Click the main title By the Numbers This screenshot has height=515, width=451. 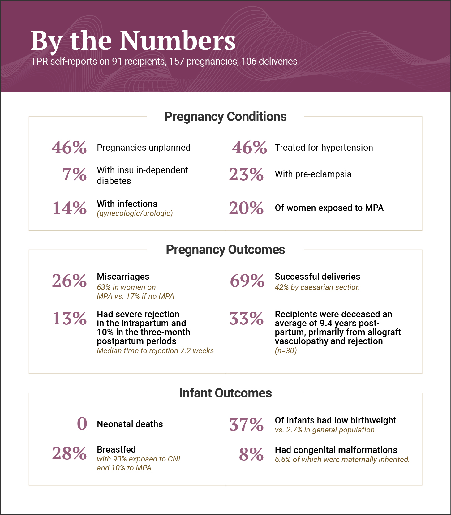tap(133, 41)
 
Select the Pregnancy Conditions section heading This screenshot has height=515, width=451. tap(225, 117)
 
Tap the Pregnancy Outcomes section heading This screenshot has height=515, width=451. tap(225, 250)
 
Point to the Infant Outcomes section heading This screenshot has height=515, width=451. tap(225, 393)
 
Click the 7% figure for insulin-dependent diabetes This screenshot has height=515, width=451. tap(74, 174)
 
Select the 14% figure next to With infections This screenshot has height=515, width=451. tap(69, 208)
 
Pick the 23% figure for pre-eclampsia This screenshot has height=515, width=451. tap(246, 174)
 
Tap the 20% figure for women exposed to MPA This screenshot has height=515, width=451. tap(246, 208)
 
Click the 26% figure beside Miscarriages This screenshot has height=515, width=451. tap(69, 281)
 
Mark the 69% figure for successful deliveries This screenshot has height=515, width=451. tap(247, 281)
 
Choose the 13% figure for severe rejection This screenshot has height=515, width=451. tap(69, 319)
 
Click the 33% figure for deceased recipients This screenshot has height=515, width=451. tap(246, 319)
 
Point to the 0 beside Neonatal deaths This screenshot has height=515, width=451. tap(82, 424)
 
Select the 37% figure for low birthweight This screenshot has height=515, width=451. tap(246, 425)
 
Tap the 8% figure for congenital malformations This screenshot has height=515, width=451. tap(251, 454)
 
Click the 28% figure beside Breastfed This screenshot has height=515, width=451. tap(69, 454)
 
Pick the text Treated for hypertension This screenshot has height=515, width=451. tap(324, 148)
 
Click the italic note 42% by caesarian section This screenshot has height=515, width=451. tap(317, 287)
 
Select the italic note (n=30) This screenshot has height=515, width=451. tap(286, 351)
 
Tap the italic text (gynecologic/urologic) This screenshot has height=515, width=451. tap(135, 213)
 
